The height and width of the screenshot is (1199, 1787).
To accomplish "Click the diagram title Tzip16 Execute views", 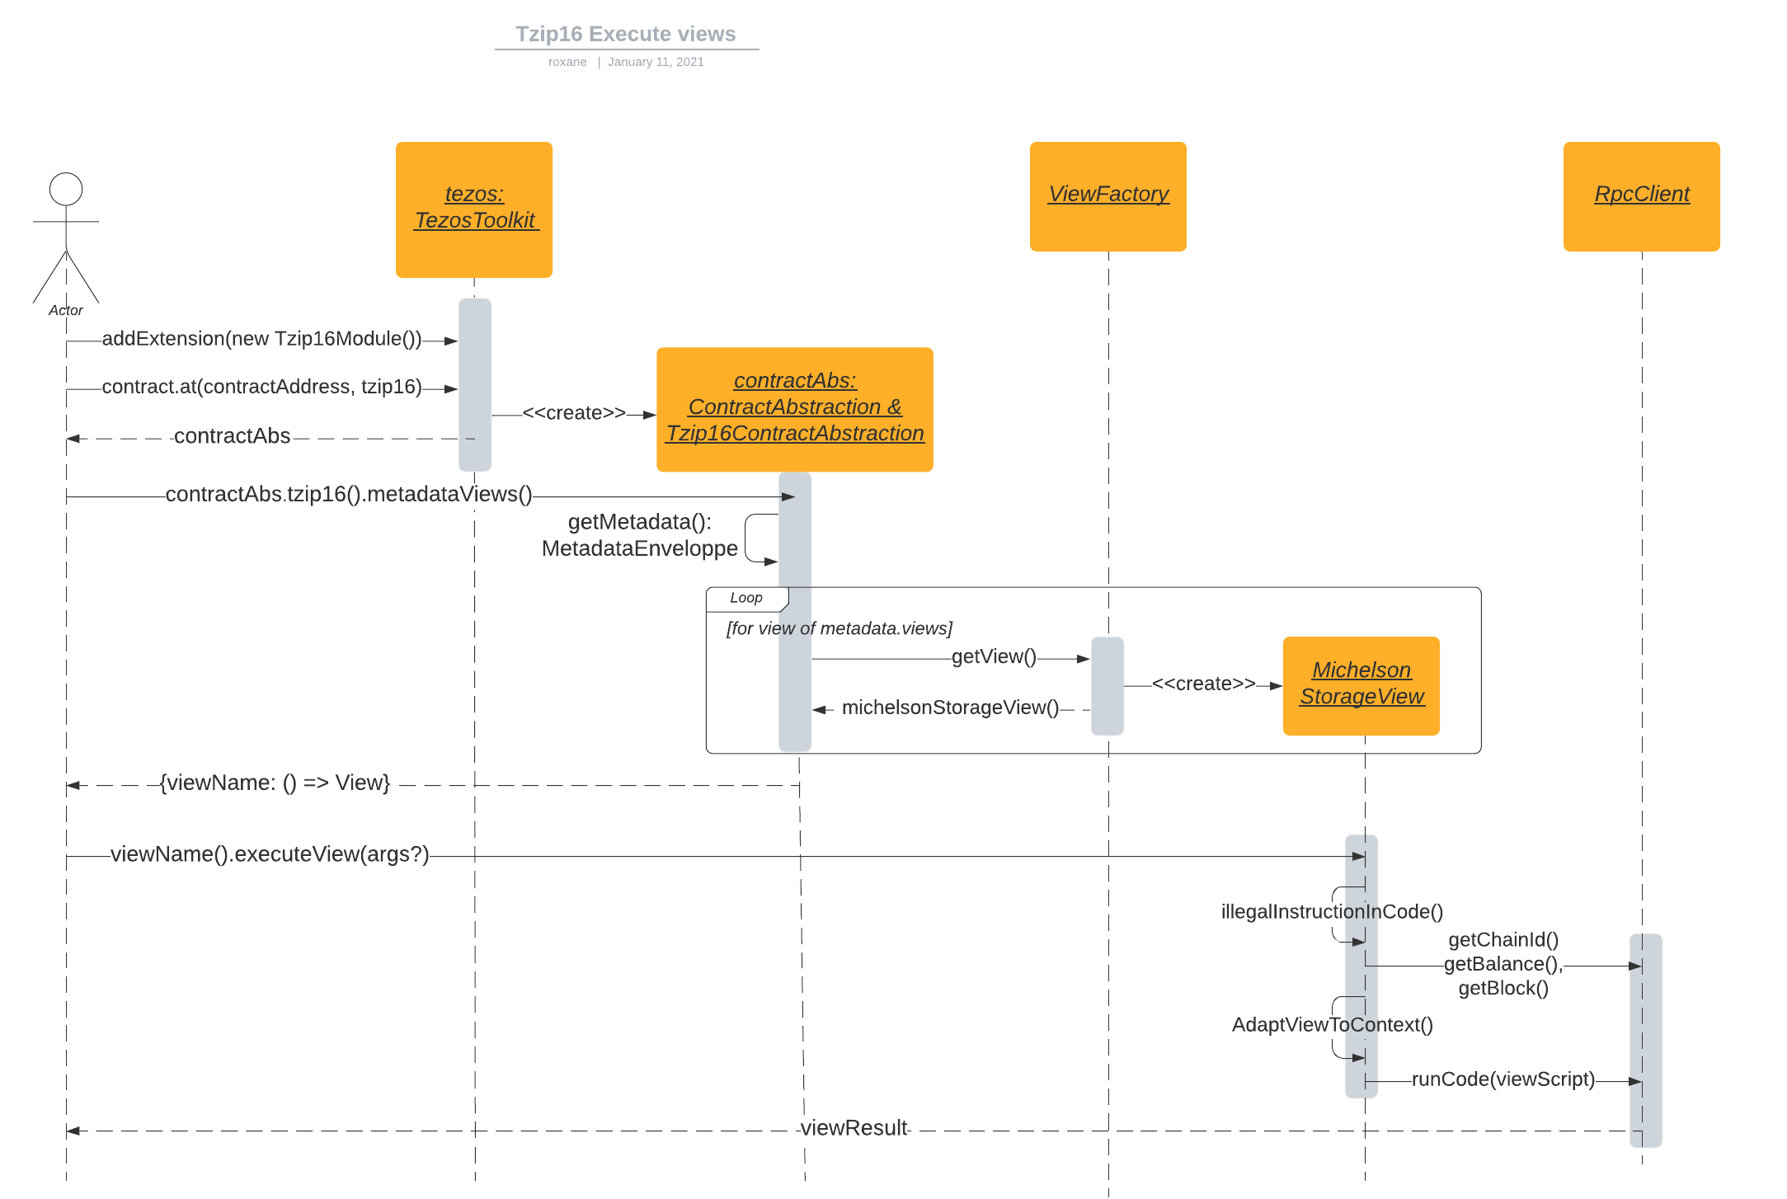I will click(x=625, y=34).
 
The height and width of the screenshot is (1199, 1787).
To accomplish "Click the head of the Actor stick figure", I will click(x=66, y=189).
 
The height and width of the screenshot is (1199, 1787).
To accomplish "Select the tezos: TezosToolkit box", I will click(x=474, y=209).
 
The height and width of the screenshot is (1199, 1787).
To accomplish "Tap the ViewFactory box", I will click(x=1107, y=196).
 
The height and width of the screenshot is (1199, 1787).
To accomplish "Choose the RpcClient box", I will click(x=1641, y=196).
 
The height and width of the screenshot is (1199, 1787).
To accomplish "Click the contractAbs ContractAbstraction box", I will click(x=794, y=409).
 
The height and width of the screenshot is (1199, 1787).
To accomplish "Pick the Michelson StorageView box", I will click(x=1361, y=684).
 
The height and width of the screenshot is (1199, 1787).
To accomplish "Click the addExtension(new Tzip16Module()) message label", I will click(x=261, y=339).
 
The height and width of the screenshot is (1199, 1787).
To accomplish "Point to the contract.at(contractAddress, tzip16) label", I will click(x=261, y=387).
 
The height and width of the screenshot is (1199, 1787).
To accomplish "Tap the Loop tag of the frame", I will click(x=745, y=598).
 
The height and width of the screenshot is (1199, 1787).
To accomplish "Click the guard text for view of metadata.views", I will click(x=839, y=628).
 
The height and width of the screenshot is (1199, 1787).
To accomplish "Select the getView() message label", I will click(x=994, y=656).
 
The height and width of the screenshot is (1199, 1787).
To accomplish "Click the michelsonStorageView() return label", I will click(x=950, y=708).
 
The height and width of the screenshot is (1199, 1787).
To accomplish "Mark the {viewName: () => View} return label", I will click(x=275, y=783).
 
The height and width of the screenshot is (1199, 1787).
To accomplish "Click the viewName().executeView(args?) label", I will click(x=270, y=854).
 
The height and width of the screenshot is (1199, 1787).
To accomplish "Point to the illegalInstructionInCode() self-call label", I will click(x=1331, y=911).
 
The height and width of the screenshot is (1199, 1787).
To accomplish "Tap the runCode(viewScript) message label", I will click(x=1502, y=1079).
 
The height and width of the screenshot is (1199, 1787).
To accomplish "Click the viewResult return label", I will click(x=854, y=1128).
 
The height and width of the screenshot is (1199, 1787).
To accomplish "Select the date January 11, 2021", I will click(x=656, y=62).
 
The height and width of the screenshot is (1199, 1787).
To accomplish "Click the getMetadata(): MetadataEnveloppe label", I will click(x=639, y=535).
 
